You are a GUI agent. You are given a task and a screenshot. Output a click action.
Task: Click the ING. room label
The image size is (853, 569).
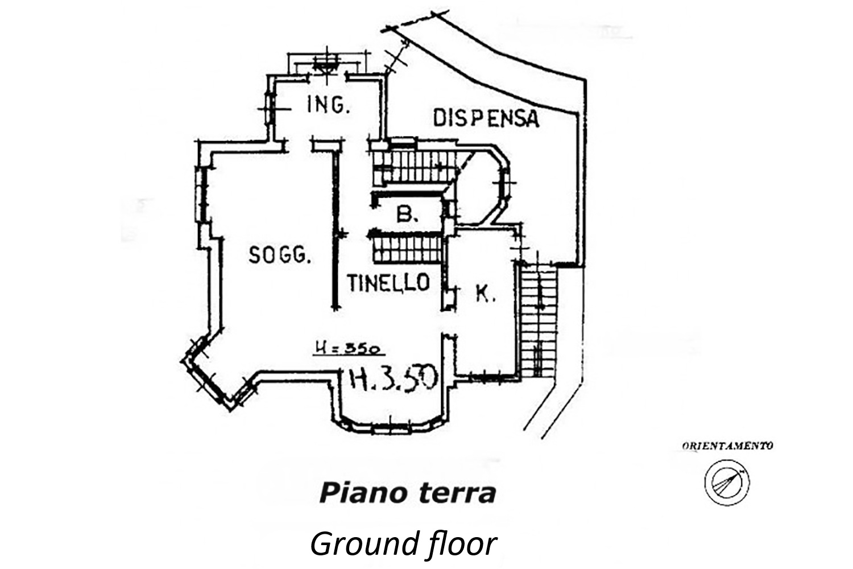[x=327, y=105]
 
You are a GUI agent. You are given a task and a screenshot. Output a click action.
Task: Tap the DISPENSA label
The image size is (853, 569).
[x=486, y=118]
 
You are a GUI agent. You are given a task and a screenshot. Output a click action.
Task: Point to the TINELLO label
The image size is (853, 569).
[x=388, y=282]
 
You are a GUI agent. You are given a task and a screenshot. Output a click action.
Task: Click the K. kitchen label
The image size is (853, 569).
[x=485, y=294]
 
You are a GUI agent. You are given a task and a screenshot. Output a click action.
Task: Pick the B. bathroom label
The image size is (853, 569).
[x=407, y=214]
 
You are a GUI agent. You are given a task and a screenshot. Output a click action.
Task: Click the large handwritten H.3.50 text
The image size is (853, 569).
[x=392, y=378]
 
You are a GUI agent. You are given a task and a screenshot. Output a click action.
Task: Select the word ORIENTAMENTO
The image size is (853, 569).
[x=727, y=446]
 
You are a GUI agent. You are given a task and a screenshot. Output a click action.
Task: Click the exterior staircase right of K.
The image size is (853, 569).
[x=538, y=321]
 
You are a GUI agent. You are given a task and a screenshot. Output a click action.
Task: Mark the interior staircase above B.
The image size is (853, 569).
[x=415, y=165]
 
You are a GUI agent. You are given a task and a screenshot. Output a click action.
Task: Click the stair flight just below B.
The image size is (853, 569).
[x=407, y=248]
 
